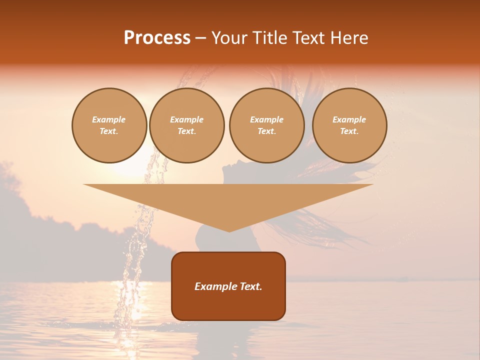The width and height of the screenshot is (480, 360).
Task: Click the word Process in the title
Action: tap(157, 38)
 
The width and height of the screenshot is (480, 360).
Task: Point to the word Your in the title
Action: tap(228, 38)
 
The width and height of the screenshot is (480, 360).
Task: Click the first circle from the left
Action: tap(109, 125)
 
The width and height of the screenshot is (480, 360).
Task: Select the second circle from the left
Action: tap(186, 125)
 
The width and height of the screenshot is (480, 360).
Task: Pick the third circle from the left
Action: tap(266, 125)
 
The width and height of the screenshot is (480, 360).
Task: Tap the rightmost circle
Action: tap(349, 125)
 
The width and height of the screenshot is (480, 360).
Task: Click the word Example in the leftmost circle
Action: tap(109, 119)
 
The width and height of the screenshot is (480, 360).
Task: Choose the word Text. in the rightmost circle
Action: tap(349, 131)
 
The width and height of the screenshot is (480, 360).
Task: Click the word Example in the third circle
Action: tap(266, 119)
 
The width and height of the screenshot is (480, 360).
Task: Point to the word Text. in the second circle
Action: tap(186, 131)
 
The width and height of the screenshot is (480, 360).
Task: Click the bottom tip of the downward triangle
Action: tap(229, 231)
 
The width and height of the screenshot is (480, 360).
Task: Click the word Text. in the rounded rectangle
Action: tap(251, 286)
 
